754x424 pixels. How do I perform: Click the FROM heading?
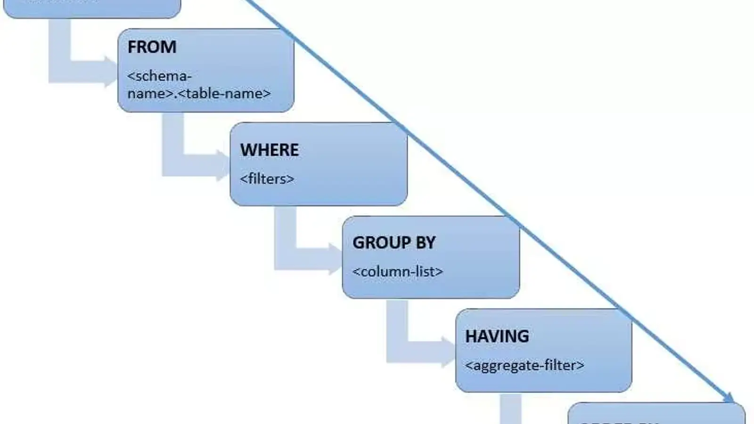152,47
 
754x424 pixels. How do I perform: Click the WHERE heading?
269,150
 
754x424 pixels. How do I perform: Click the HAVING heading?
497,336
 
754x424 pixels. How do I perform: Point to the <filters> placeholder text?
267,179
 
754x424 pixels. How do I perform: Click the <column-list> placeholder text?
398,272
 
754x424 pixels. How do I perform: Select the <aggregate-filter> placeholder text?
525,366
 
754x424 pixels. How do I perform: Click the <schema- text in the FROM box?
159,76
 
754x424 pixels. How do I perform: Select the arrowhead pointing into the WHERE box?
223,165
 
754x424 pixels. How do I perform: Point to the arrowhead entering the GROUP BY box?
335,259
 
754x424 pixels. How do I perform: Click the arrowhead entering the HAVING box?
448,352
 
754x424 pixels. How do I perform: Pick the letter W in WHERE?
247,150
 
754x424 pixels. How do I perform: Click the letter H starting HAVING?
470,336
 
